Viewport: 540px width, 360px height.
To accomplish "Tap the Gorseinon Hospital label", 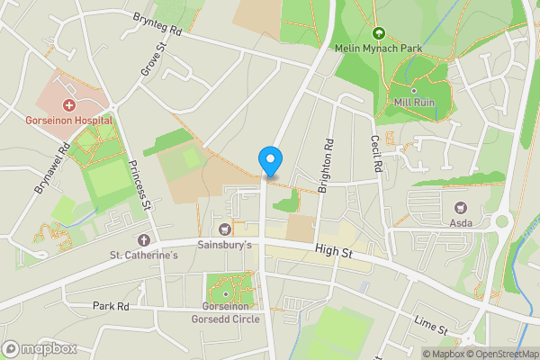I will (68, 120).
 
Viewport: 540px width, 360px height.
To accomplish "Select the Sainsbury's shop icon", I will (225, 229).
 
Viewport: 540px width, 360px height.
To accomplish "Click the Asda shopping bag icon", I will (460, 207).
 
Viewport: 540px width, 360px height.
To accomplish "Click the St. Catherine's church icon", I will (144, 240).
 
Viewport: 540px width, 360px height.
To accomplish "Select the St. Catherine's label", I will (144, 256).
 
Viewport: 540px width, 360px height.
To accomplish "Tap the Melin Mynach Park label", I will (378, 47).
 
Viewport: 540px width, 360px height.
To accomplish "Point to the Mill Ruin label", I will (413, 103).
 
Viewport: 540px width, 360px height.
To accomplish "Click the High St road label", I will (333, 254).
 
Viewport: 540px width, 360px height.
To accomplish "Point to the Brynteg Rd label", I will (157, 30).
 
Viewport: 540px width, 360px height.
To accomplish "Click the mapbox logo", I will (40, 348).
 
